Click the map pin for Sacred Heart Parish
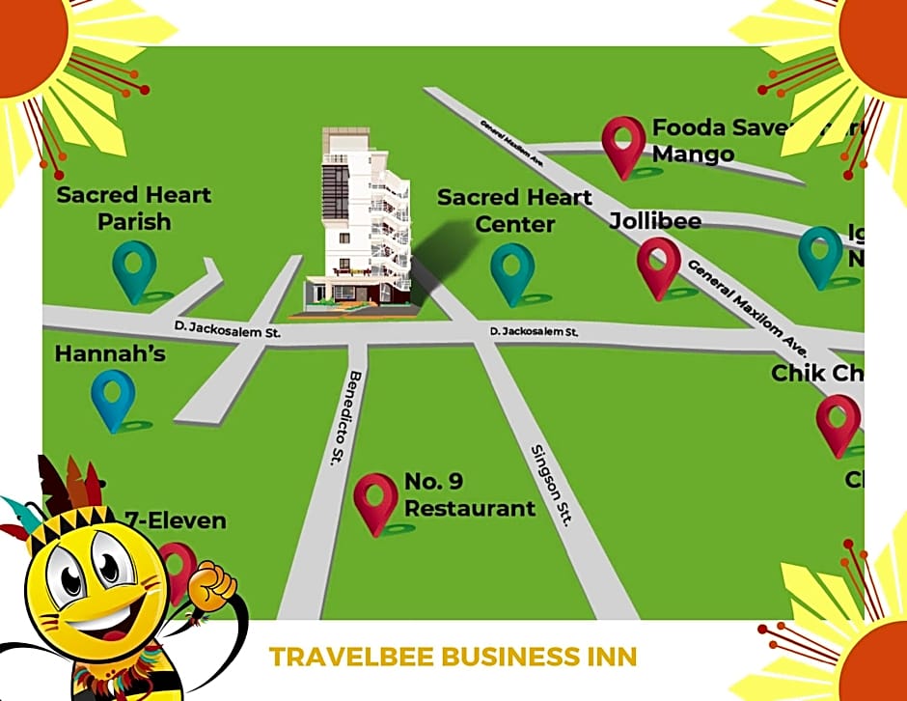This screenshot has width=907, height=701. click(134, 267)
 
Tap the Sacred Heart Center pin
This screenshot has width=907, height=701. click(511, 269)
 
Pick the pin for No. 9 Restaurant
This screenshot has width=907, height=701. click(375, 499)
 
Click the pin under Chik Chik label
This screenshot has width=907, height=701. click(838, 421)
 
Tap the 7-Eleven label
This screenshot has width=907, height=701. click(176, 520)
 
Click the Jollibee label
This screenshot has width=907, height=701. click(655, 221)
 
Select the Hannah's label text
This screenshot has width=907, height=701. click(110, 354)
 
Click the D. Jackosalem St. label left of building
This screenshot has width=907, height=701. click(221, 331)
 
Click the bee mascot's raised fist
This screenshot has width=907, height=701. click(213, 582)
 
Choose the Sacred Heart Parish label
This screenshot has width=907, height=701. click(134, 208)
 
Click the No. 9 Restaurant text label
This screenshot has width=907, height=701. click(469, 494)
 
